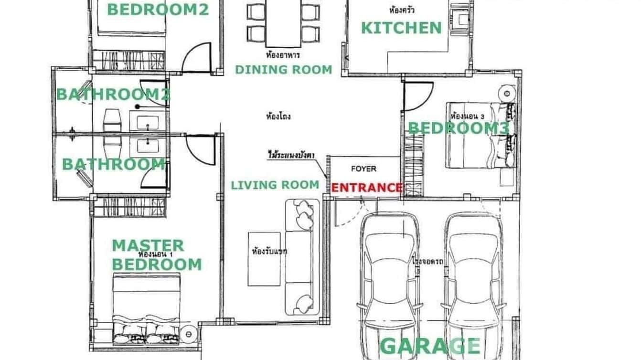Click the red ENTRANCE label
366,188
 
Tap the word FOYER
363,169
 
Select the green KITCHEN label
401,28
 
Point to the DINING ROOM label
283,70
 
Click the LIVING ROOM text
275,185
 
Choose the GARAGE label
430,346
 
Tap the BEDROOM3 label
459,128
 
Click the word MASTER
148,245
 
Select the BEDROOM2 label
158,9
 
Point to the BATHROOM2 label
113,94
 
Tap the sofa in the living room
302,257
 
